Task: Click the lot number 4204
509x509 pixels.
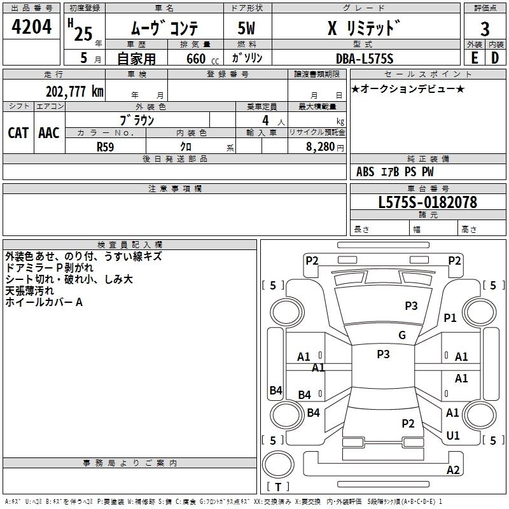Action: [31, 26]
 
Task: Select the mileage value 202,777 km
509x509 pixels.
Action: [74, 91]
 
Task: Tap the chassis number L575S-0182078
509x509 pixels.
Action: [428, 202]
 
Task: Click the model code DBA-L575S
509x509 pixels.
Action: [365, 59]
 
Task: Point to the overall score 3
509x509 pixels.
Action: [485, 29]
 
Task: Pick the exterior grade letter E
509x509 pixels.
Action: [475, 58]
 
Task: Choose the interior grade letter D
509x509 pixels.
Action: [495, 58]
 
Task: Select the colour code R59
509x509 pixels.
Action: [105, 147]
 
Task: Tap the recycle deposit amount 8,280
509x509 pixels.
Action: [320, 146]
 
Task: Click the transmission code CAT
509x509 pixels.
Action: [18, 133]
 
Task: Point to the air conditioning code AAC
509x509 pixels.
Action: [49, 133]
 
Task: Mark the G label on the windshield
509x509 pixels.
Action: [402, 335]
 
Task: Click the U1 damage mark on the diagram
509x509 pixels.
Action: [453, 435]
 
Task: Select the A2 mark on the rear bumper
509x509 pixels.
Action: [453, 470]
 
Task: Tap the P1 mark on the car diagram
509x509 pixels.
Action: [450, 317]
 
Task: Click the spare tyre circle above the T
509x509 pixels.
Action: [278, 464]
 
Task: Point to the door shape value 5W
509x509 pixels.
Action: [246, 28]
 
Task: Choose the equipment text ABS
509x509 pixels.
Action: [365, 171]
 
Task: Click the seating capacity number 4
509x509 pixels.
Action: [265, 120]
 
